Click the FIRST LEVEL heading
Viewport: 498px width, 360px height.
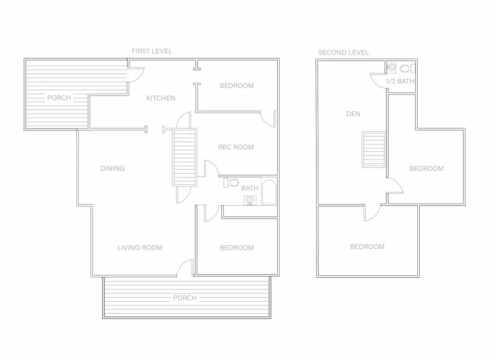pyautogui.click(x=152, y=51)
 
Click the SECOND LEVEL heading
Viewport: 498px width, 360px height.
pyautogui.click(x=343, y=53)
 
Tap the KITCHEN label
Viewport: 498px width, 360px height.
pyautogui.click(x=160, y=98)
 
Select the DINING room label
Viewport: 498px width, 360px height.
pyautogui.click(x=112, y=168)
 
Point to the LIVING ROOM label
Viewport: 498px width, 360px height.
pyautogui.click(x=140, y=248)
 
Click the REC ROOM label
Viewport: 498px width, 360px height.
pyautogui.click(x=236, y=147)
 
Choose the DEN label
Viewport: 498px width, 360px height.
pyautogui.click(x=353, y=114)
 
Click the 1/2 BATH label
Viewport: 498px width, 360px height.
pyautogui.click(x=400, y=81)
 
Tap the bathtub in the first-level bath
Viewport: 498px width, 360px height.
pyautogui.click(x=269, y=192)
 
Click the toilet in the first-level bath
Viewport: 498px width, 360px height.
pyautogui.click(x=231, y=183)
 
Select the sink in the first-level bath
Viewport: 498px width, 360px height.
pyautogui.click(x=250, y=200)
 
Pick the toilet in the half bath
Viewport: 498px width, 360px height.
pyautogui.click(x=407, y=68)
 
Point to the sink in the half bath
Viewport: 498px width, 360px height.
pyautogui.click(x=391, y=67)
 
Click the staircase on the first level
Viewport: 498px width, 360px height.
pyautogui.click(x=184, y=157)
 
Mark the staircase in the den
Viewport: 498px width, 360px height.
pyautogui.click(x=373, y=149)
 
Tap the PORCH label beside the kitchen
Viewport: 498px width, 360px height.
pyautogui.click(x=59, y=98)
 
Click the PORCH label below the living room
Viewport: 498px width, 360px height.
pyautogui.click(x=185, y=298)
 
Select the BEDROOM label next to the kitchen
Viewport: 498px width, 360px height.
pyautogui.click(x=237, y=86)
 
